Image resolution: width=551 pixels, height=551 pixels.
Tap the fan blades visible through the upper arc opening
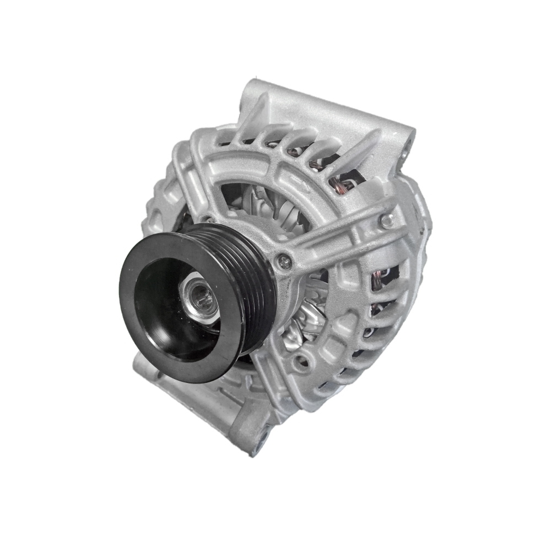pyautogui.click(x=264, y=204)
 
